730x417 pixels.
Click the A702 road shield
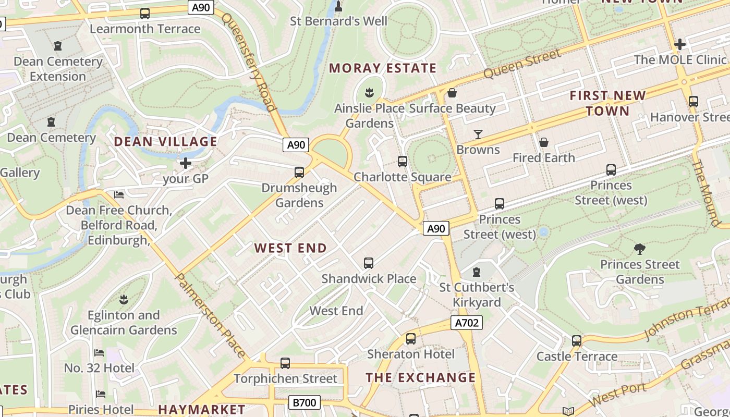(466, 323)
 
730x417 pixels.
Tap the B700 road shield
(304, 402)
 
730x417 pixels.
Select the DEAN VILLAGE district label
(165, 142)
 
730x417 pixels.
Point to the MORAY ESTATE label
(383, 68)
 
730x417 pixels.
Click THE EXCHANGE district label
(421, 377)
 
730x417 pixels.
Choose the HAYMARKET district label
(202, 410)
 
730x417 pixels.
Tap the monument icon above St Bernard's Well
(338, 6)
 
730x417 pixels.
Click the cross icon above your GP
(185, 163)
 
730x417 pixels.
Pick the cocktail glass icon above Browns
(478, 134)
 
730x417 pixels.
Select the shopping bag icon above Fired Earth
(543, 142)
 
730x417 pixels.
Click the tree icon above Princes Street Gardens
(639, 249)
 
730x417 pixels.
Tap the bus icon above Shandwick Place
(369, 263)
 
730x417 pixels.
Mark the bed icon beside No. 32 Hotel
(99, 353)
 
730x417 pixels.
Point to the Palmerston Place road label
(210, 315)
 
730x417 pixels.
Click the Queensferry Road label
(249, 62)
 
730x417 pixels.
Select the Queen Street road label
(522, 64)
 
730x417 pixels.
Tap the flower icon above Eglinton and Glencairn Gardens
(124, 300)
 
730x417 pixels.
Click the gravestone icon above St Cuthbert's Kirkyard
(476, 272)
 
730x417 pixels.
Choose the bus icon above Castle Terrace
(576, 341)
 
